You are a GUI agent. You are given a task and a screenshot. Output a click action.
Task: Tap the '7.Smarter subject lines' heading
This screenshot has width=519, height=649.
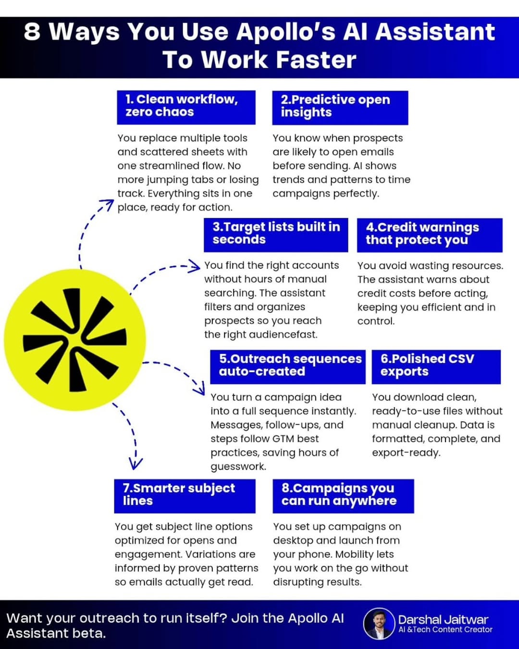[185, 496]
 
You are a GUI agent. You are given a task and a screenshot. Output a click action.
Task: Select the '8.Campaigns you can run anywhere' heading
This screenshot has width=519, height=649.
[343, 496]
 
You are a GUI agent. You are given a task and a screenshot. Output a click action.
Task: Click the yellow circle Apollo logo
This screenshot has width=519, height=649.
[75, 340]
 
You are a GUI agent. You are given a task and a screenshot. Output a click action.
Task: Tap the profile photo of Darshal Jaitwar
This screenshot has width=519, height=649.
[379, 624]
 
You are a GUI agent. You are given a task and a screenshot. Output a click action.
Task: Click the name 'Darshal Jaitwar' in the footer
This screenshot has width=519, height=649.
[443, 620]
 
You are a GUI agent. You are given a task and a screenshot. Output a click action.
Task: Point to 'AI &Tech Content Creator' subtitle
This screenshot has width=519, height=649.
[445, 630]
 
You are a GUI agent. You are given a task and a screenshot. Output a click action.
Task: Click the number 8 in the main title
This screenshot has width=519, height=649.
[32, 32]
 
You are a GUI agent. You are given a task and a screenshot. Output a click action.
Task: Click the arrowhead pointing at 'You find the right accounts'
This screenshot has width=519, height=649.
[195, 266]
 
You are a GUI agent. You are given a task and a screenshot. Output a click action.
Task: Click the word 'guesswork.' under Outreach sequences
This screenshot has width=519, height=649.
[238, 466]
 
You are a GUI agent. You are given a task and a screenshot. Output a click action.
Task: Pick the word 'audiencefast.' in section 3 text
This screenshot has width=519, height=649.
[289, 335]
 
